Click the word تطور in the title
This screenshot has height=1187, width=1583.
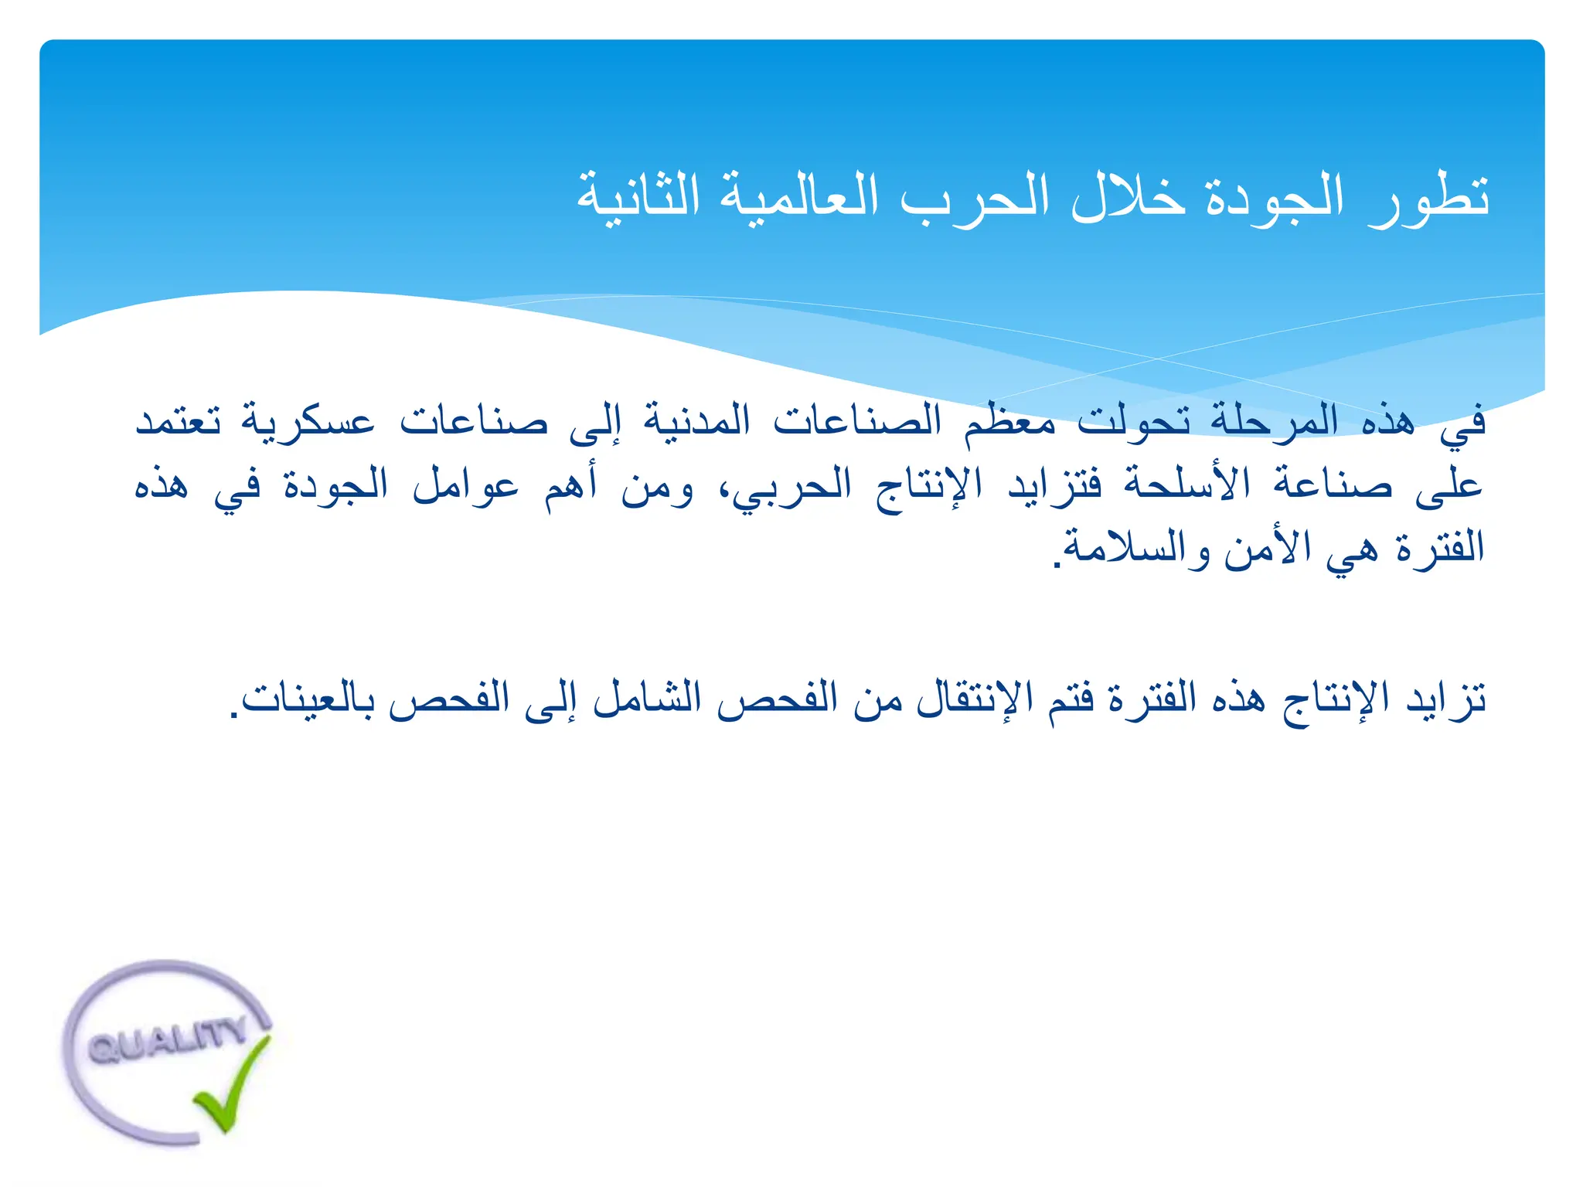(1428, 199)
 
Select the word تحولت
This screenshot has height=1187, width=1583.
(1134, 422)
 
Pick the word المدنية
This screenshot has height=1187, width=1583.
(697, 422)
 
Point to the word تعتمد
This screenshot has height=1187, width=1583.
(179, 422)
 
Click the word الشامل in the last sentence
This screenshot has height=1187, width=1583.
(647, 699)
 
